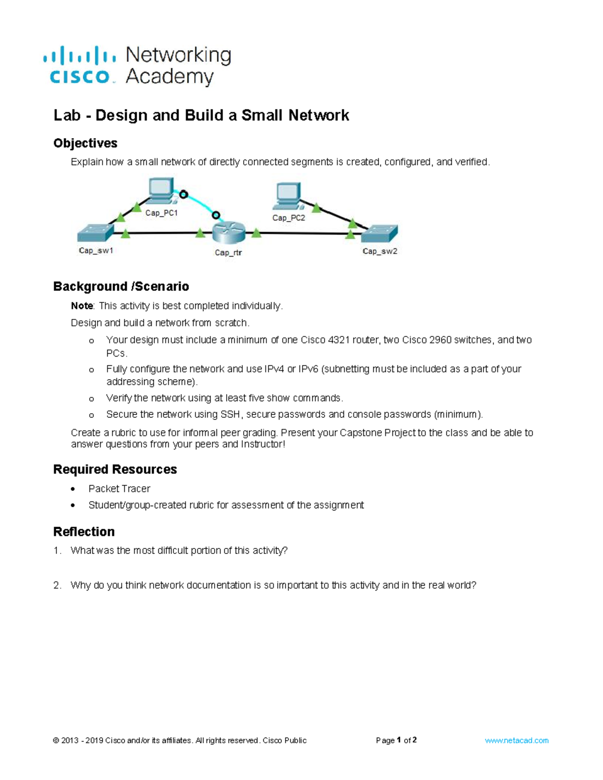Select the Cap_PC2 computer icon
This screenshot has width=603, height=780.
tap(287, 196)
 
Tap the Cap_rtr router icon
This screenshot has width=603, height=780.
tap(229, 233)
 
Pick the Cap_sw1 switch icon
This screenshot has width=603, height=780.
tap(95, 233)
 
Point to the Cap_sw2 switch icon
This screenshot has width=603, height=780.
tap(380, 234)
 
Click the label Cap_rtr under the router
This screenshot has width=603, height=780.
tap(228, 253)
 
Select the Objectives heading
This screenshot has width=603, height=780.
tap(85, 144)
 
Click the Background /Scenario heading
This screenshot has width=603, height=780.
tap(121, 286)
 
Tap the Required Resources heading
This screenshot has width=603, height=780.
tap(115, 469)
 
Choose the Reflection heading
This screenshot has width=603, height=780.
tap(84, 531)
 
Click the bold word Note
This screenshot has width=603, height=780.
tap(82, 306)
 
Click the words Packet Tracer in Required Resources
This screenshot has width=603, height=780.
tap(119, 489)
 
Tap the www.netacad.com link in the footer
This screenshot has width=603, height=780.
tap(517, 740)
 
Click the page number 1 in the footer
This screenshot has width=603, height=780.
tap(398, 740)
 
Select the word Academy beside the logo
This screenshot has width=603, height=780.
tap(170, 77)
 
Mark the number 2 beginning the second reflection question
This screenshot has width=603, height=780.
tap(56, 585)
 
